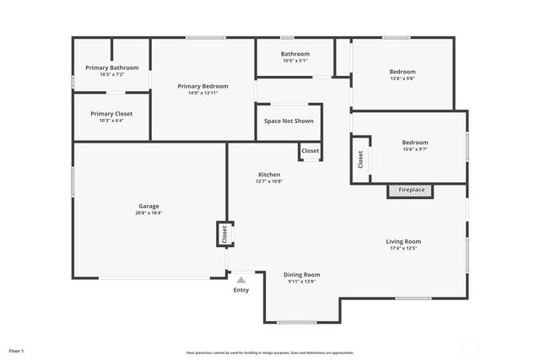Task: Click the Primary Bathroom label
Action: pos(111,67)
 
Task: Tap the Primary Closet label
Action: pos(111,114)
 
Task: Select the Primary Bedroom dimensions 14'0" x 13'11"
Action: pos(202,93)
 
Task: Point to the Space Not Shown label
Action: pos(289,121)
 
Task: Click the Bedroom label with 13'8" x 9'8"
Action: pos(402,72)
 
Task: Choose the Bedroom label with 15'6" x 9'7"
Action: pos(414,142)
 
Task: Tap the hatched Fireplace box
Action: pos(411,191)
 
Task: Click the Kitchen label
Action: pos(269,175)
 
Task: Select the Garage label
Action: pos(148,206)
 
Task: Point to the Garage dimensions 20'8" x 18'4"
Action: pos(148,213)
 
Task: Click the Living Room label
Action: pos(403,241)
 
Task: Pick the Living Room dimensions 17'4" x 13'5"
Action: pos(403,249)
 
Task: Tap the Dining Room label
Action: pos(301,274)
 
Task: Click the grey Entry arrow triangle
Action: pos(241,280)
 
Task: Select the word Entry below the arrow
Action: pos(241,290)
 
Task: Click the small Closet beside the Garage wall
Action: pos(224,234)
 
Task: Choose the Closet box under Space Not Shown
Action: pos(310,151)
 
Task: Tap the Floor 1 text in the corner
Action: pos(17,350)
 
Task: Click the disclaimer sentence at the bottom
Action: pos(269,352)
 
